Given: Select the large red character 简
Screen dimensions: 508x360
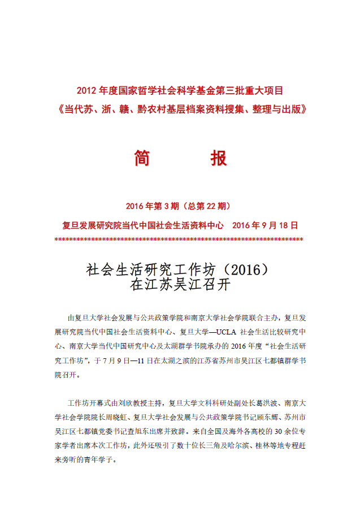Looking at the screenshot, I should click(x=142, y=158).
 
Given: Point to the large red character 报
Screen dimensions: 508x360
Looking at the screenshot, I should click(x=218, y=158).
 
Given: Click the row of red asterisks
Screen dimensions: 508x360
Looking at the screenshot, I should click(x=179, y=239).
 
